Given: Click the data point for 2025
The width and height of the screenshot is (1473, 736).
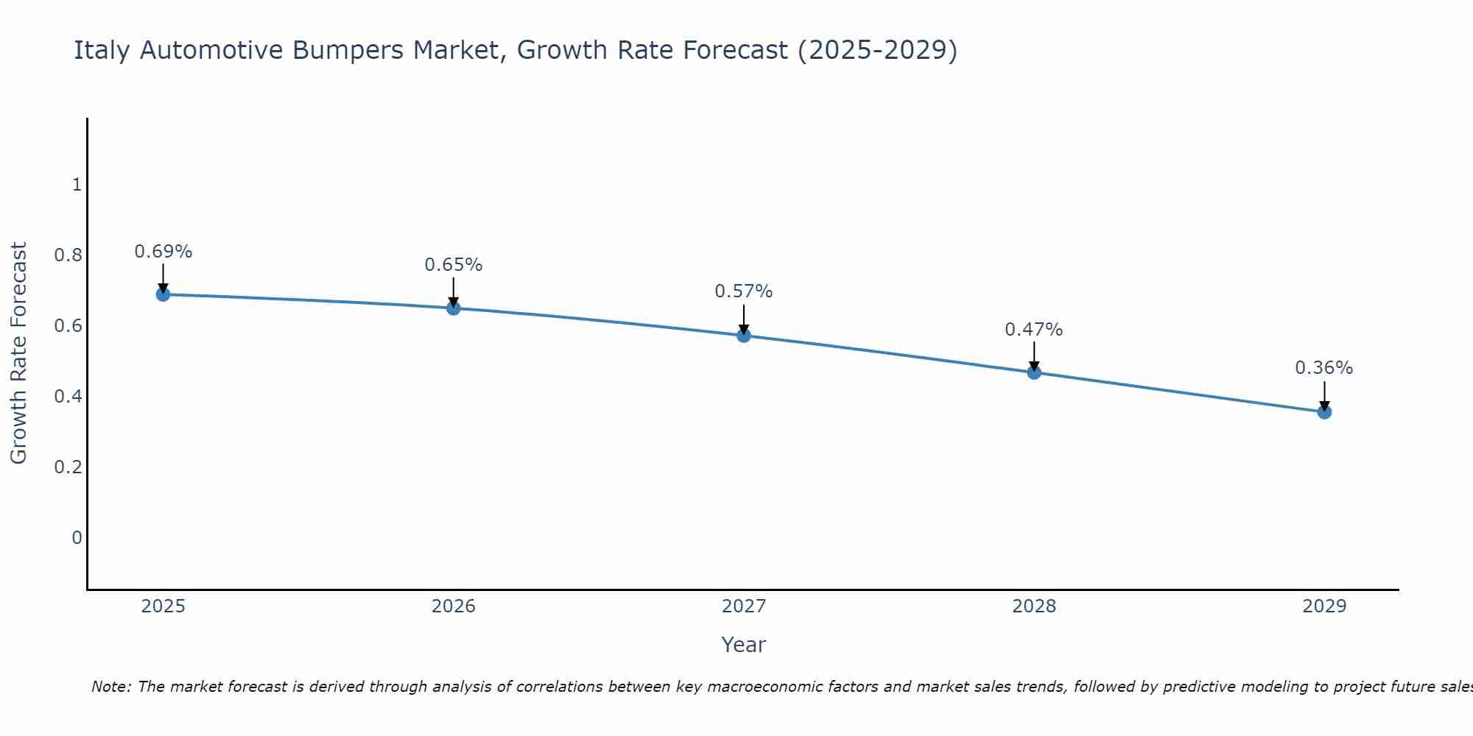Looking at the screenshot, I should [163, 294].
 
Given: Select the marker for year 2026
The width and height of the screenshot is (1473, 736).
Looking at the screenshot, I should [454, 308].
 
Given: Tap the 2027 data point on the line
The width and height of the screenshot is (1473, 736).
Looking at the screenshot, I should [744, 336].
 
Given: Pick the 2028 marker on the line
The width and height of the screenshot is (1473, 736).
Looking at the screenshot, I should [1034, 372].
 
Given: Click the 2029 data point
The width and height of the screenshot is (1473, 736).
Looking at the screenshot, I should [1324, 412].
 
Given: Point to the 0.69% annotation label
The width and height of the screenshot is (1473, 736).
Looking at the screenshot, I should [163, 252].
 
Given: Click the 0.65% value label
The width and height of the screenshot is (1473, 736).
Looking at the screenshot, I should [454, 265].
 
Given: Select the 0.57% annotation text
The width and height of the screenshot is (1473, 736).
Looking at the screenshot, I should [744, 291].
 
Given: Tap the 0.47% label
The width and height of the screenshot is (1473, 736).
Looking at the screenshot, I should [1034, 330].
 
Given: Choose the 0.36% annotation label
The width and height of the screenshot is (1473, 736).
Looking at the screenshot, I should [1324, 368].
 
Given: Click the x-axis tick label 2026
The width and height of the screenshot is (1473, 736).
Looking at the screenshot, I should [454, 606].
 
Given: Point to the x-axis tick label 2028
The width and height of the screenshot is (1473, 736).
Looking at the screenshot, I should [1034, 606].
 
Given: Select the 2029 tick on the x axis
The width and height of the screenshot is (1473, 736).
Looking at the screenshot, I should [1324, 606].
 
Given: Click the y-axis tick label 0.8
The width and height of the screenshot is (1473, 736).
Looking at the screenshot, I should [68, 255].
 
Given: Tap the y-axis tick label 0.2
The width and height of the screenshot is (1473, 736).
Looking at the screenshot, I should [68, 467].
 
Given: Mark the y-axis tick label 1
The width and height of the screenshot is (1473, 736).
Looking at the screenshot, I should [77, 185].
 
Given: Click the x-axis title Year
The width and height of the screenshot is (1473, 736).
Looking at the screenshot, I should [744, 645].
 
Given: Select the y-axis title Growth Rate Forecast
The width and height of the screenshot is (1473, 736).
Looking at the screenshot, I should [18, 353].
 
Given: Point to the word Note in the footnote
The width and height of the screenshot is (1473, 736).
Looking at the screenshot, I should [110, 687].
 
